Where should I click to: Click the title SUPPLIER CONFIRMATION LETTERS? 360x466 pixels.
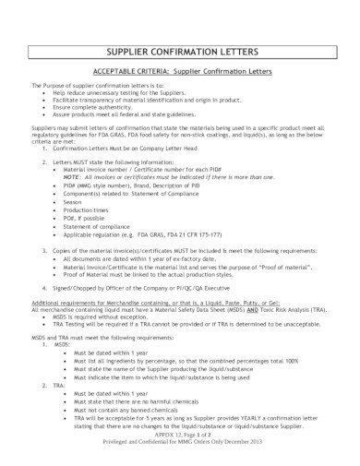coord(179,49)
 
